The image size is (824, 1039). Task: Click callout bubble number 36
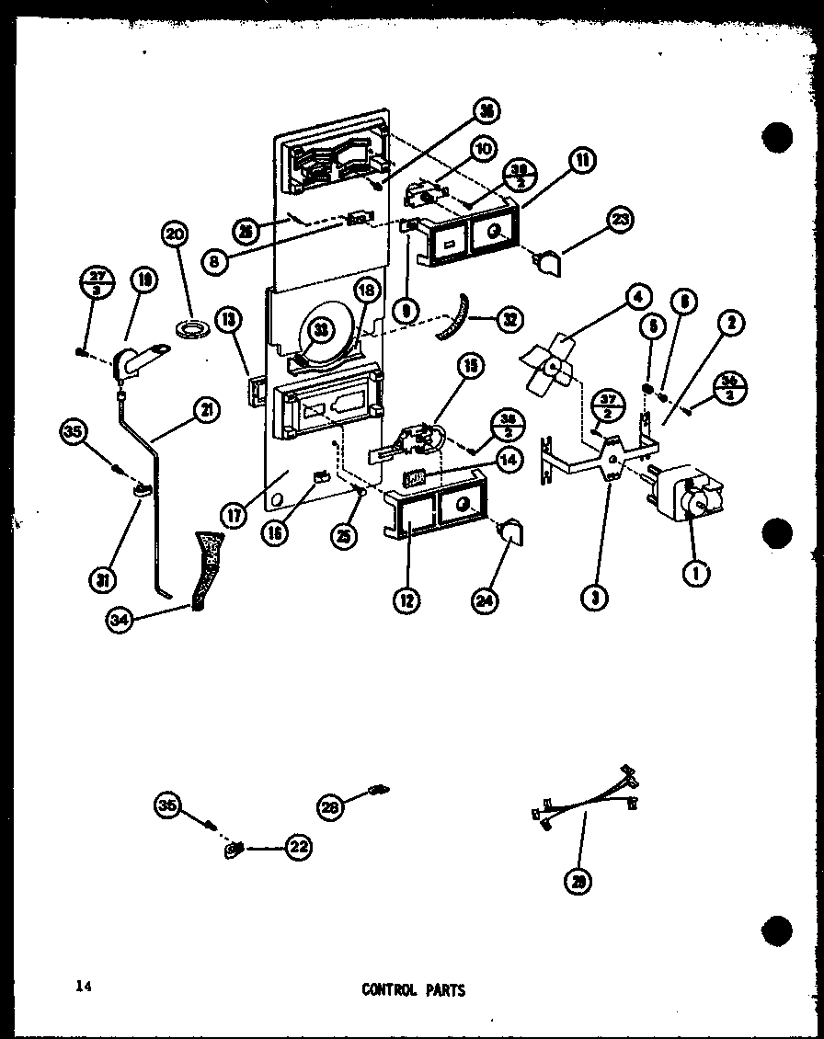click(486, 112)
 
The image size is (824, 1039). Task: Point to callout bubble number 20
click(175, 236)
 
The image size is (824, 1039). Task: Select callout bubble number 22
click(296, 848)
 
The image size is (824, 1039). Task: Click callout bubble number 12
click(406, 600)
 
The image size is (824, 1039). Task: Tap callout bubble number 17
click(236, 516)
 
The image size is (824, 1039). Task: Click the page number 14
click(85, 988)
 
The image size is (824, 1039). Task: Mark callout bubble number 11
click(581, 160)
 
